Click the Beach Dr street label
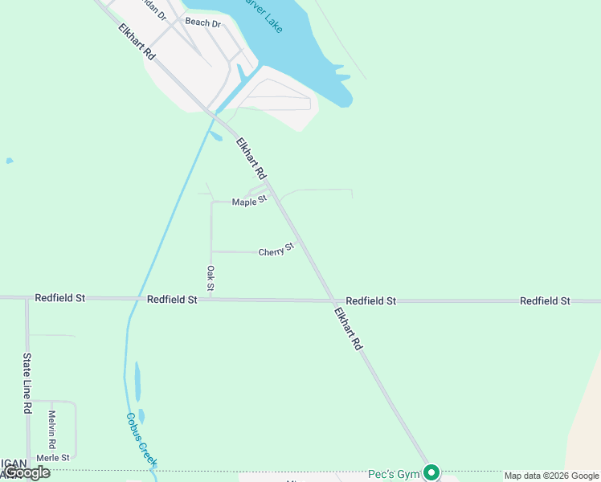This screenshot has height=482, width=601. (202, 23)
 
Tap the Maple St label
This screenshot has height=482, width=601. (249, 201)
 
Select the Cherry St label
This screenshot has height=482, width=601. (276, 251)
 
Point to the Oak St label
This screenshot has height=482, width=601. (211, 278)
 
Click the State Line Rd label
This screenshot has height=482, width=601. (27, 382)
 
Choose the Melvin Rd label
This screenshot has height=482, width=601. (52, 429)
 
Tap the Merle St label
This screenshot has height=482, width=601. (55, 457)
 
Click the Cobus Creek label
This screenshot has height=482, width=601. (141, 440)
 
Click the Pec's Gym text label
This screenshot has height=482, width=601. (395, 474)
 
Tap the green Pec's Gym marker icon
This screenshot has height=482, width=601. (431, 473)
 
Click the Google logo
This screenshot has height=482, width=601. (27, 472)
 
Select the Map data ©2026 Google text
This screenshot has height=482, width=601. (552, 476)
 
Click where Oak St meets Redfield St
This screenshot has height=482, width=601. (211, 299)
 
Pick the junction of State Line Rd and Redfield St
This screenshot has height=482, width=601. (27, 298)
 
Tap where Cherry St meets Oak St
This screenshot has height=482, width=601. (211, 251)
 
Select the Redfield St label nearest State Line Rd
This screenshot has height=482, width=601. (59, 298)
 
